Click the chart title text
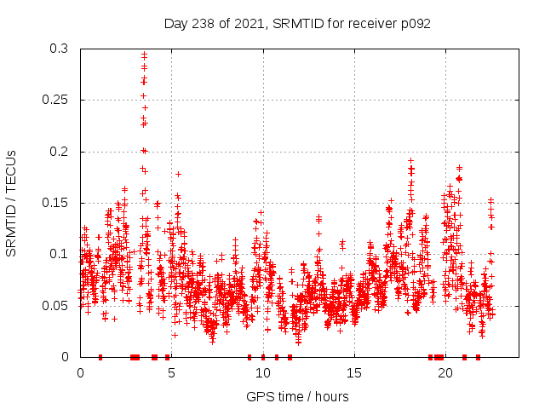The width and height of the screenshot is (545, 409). pyautogui.click(x=297, y=23)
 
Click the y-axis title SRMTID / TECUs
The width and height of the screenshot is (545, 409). pyautogui.click(x=11, y=203)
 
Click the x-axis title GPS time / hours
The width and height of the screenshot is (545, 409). pyautogui.click(x=297, y=396)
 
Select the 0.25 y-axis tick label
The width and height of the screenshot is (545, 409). pyautogui.click(x=59, y=101)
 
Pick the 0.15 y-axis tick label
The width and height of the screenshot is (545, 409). pyautogui.click(x=59, y=203)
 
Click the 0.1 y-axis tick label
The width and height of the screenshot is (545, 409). pyautogui.click(x=62, y=254)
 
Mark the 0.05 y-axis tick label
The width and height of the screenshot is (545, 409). pyautogui.click(x=59, y=305)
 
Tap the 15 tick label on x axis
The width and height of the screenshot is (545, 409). pyautogui.click(x=353, y=372)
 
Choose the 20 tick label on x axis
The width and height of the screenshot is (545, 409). pyautogui.click(x=445, y=372)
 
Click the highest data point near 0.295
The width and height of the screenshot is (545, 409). pyautogui.click(x=144, y=55)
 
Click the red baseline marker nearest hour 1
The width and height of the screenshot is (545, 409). pyautogui.click(x=100, y=357)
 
